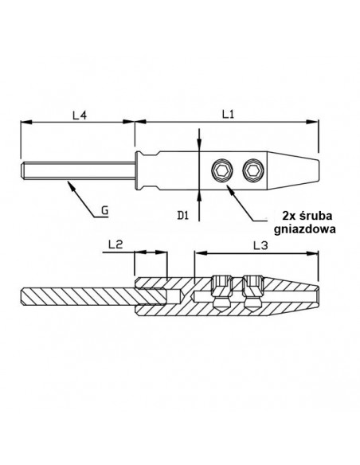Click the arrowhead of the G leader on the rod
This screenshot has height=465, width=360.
(70, 183)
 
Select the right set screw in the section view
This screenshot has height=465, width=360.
(253, 291)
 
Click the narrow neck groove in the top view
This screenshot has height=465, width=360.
(138, 169)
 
